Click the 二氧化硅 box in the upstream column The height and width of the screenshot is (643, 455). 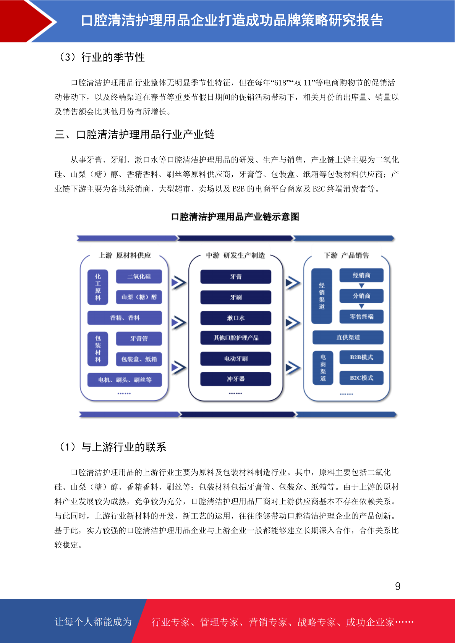[x=139, y=276]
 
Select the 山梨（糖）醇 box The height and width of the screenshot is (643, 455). [x=139, y=297]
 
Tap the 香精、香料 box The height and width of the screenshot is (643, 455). [x=125, y=318]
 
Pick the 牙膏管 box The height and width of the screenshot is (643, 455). [x=139, y=339]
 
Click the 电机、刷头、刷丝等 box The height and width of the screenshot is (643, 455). [x=125, y=380]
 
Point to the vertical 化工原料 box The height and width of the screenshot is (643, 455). [x=98, y=287]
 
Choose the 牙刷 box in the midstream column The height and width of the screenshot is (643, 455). [x=236, y=297]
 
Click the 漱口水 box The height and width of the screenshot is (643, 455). [x=236, y=318]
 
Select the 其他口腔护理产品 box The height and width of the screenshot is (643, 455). [x=236, y=338]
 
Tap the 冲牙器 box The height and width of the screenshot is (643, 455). [x=236, y=379]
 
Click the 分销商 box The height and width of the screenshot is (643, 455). [x=361, y=296]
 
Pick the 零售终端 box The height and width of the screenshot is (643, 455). [x=361, y=317]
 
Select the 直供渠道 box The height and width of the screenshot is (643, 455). [x=348, y=337]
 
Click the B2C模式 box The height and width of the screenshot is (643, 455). [x=361, y=378]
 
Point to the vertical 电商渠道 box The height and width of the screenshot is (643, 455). [x=323, y=368]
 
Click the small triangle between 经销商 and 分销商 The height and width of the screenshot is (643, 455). [x=362, y=286]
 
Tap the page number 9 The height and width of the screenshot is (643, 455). [x=398, y=586]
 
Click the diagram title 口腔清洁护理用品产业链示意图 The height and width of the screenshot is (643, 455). [x=235, y=217]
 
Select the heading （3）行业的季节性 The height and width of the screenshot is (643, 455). [x=101, y=57]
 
